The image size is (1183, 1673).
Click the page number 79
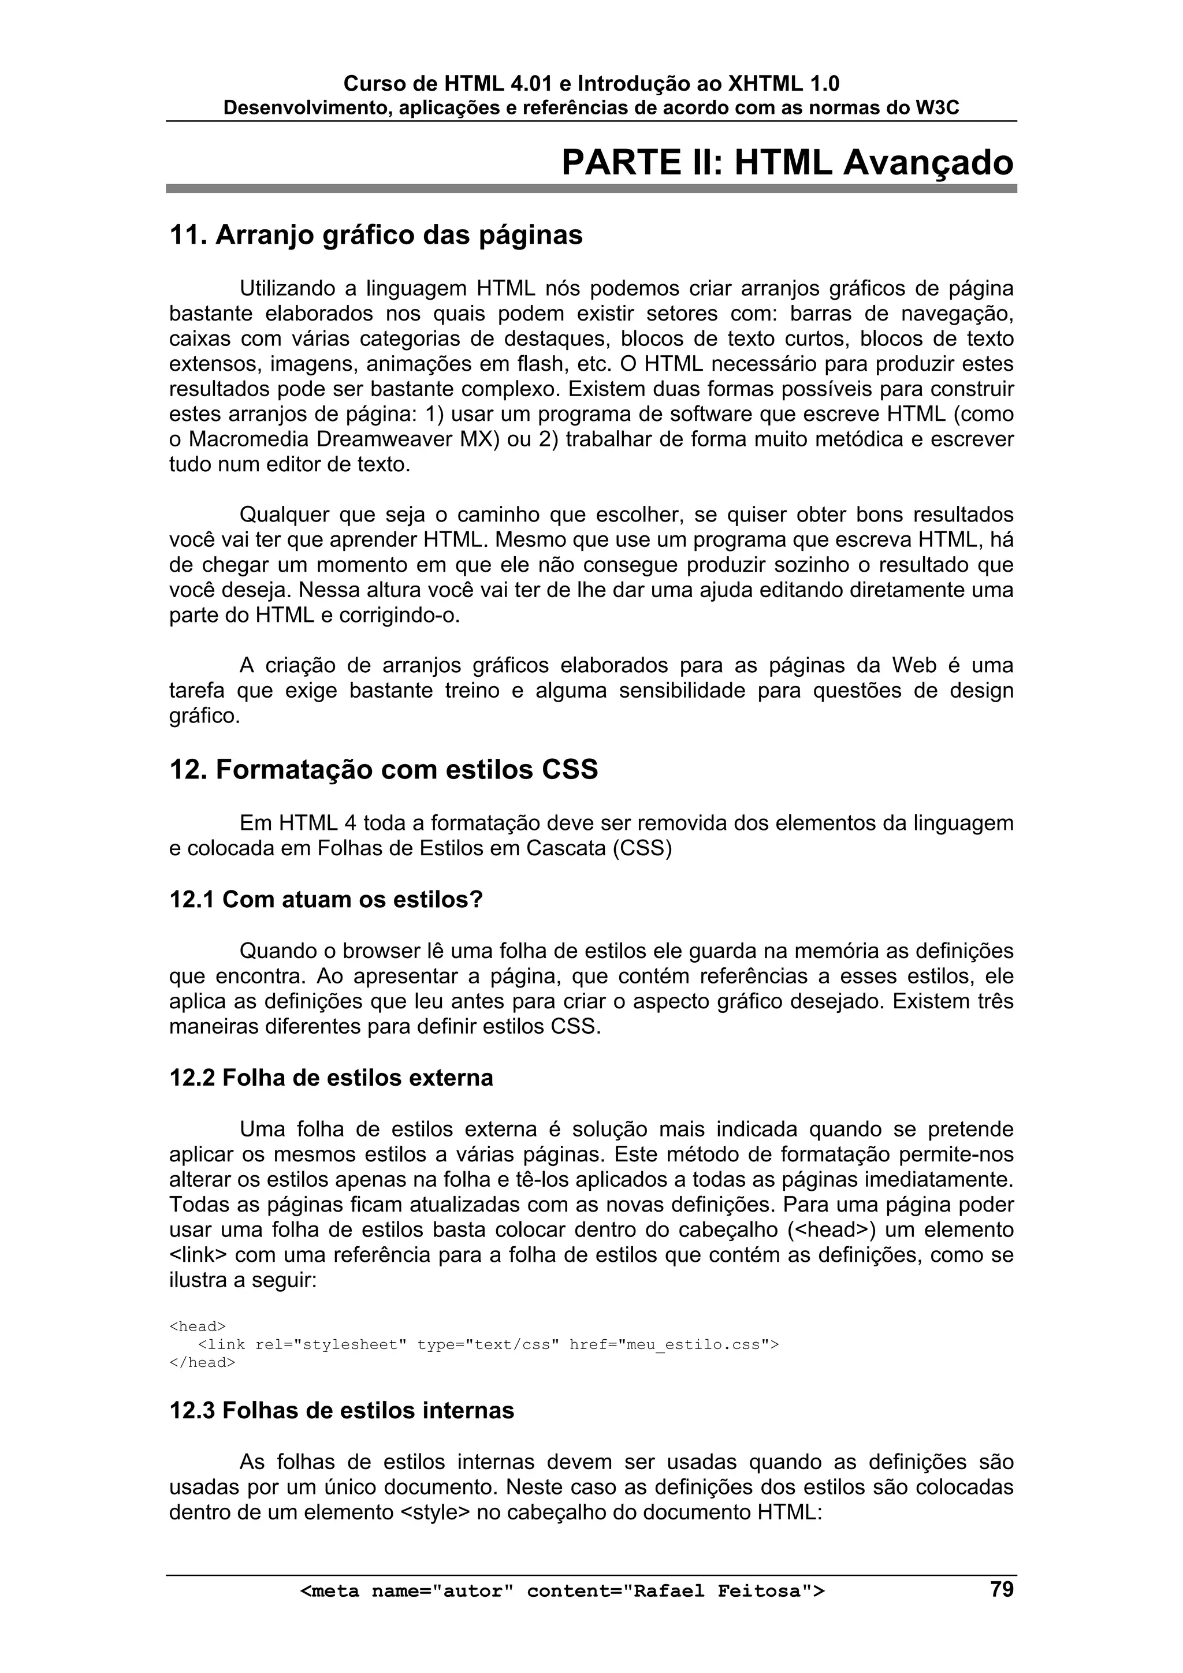(1002, 1589)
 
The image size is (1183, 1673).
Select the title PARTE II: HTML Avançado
(787, 162)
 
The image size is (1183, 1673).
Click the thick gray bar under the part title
(590, 188)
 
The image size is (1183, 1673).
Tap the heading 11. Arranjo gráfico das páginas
(375, 236)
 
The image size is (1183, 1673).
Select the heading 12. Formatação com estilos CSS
(384, 769)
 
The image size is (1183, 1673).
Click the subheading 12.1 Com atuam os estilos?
(326, 899)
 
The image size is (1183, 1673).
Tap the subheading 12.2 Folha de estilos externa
(331, 1077)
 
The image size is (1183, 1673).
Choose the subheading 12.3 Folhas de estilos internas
(341, 1410)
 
